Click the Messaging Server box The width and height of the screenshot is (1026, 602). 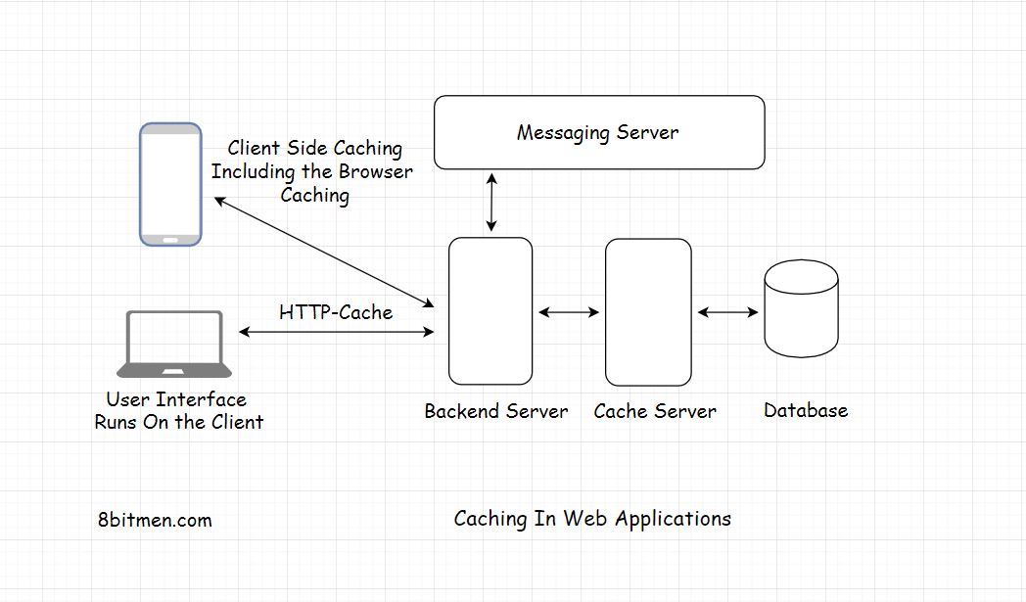(598, 132)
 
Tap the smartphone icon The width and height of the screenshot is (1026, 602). (170, 184)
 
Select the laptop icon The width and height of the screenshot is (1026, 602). (174, 345)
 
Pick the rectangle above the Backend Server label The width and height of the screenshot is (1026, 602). (490, 311)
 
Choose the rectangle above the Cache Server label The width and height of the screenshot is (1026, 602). (648, 311)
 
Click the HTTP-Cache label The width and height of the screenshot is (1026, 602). (336, 312)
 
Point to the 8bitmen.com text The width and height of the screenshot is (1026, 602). (155, 520)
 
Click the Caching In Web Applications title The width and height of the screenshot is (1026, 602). (592, 518)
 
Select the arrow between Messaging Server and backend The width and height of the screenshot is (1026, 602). (490, 204)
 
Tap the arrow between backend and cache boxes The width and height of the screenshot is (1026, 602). (569, 312)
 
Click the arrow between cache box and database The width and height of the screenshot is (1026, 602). (727, 312)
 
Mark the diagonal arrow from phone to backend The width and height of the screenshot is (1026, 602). (323, 252)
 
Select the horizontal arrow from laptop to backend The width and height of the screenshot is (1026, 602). (336, 333)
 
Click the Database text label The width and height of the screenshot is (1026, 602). (806, 410)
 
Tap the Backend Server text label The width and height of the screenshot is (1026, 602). (495, 411)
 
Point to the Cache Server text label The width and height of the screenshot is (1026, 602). (655, 411)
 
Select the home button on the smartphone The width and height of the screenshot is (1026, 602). (170, 238)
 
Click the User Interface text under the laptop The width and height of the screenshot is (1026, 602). (176, 399)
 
